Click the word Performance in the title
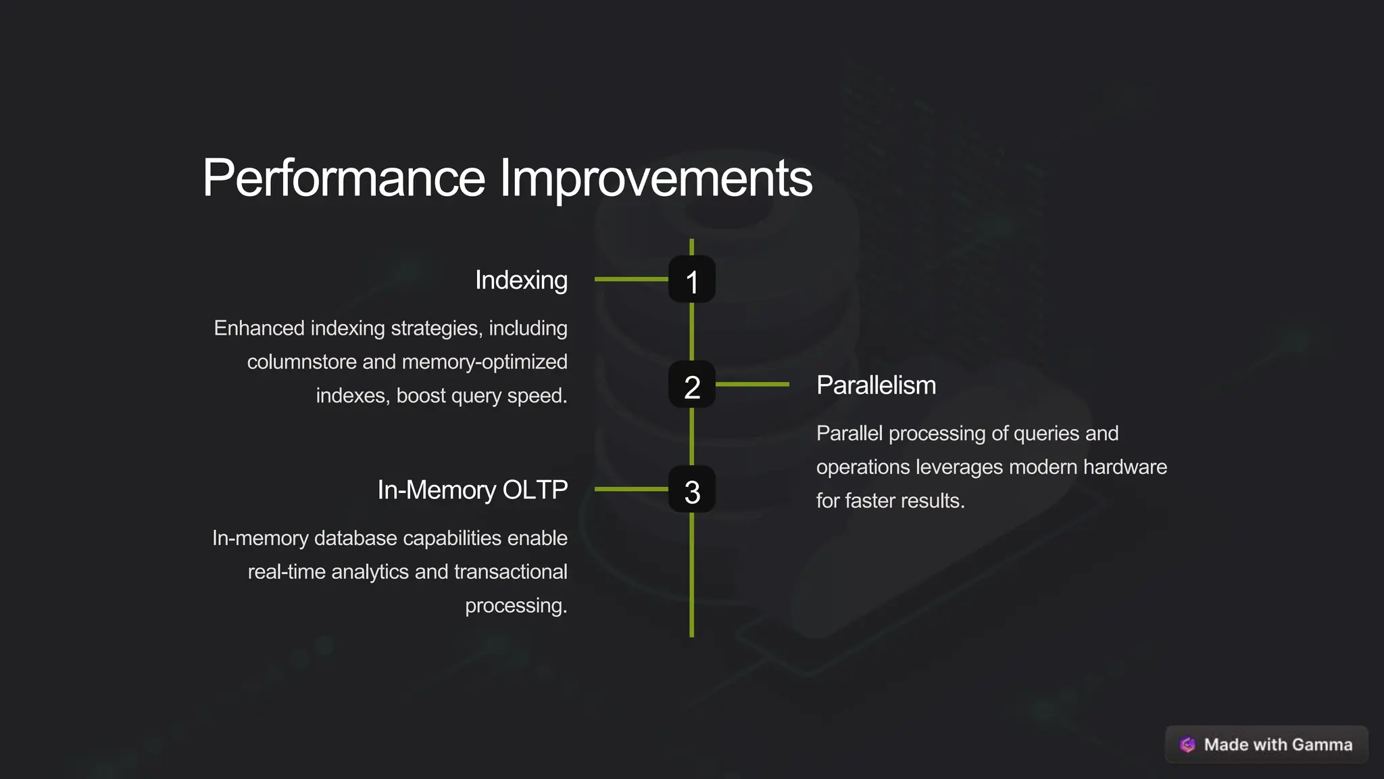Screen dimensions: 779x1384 343,179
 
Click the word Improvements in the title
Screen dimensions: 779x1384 656,179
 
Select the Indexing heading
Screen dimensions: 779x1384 521,280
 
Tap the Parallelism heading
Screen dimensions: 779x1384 876,385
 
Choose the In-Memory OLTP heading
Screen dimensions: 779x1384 472,490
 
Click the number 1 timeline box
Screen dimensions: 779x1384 691,279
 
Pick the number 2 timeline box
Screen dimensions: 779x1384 691,385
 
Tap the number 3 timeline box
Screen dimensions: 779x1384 691,490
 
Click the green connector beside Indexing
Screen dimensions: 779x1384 631,279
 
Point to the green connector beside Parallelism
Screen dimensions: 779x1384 752,384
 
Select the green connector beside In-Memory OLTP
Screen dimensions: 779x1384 631,489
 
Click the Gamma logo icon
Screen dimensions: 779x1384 1187,745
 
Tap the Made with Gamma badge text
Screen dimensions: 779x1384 1278,745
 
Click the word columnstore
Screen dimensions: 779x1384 301,362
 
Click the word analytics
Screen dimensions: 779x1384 370,572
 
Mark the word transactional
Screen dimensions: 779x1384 511,572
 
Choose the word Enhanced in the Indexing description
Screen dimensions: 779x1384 259,328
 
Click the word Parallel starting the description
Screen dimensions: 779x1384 849,433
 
